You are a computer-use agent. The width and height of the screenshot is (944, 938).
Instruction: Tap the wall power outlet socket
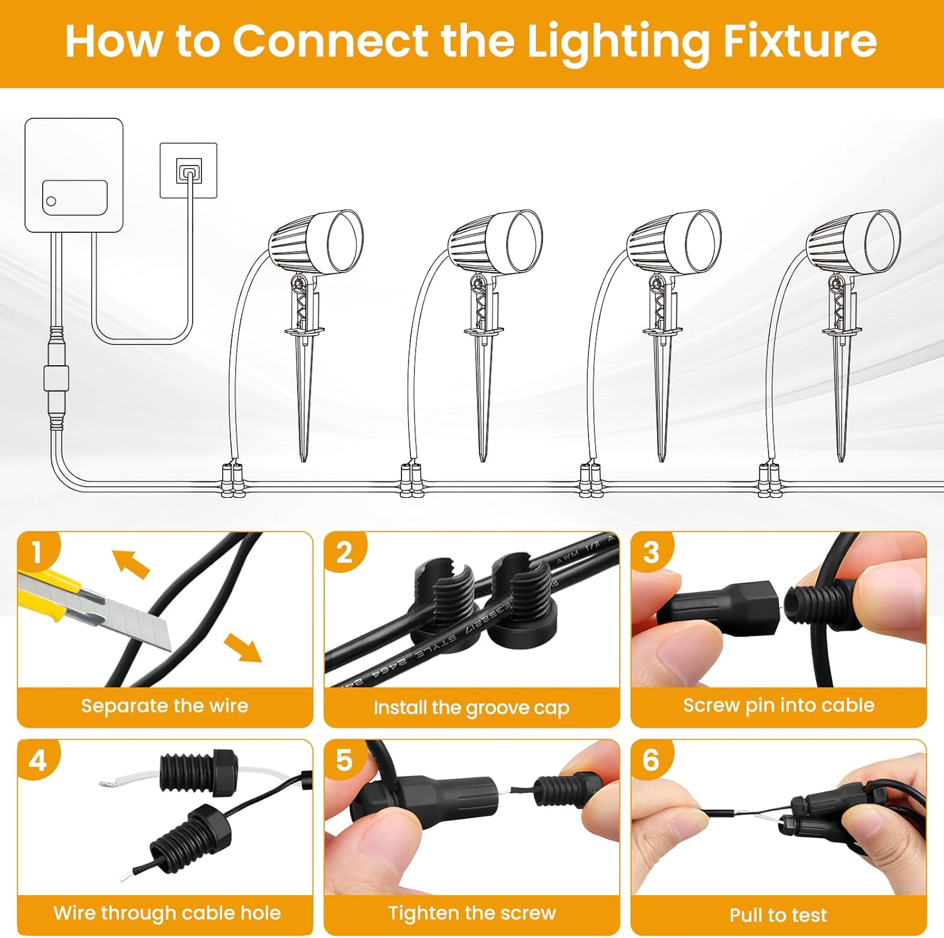(x=189, y=171)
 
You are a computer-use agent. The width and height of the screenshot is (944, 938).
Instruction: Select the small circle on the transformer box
(x=52, y=201)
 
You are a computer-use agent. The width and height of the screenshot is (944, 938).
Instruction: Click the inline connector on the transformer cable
(x=56, y=378)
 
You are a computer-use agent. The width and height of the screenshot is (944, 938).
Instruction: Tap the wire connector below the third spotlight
(x=590, y=480)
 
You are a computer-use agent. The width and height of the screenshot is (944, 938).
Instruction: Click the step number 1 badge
(x=37, y=552)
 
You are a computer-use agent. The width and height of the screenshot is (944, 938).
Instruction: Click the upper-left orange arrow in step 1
(x=130, y=563)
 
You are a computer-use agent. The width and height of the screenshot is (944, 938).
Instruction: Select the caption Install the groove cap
(x=471, y=708)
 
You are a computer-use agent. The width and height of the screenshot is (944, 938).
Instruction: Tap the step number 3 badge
(x=651, y=552)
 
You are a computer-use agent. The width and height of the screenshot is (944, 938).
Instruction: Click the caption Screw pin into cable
(x=778, y=705)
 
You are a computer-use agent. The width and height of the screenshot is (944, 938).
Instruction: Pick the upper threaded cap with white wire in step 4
(x=199, y=772)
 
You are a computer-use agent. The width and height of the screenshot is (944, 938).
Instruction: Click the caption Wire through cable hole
(x=167, y=913)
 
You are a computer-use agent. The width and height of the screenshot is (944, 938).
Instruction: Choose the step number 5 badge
(x=344, y=760)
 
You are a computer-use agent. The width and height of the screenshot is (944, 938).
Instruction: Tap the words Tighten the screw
(x=472, y=913)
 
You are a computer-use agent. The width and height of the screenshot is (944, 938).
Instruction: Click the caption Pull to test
(x=778, y=915)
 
